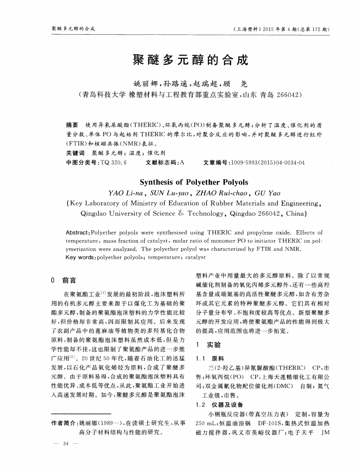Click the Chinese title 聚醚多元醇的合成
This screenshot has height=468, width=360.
pos(190,60)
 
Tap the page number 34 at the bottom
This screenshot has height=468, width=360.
pos(66,443)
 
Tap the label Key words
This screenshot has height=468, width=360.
pos(79,257)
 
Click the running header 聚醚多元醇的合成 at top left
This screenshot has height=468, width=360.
pos(73,29)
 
